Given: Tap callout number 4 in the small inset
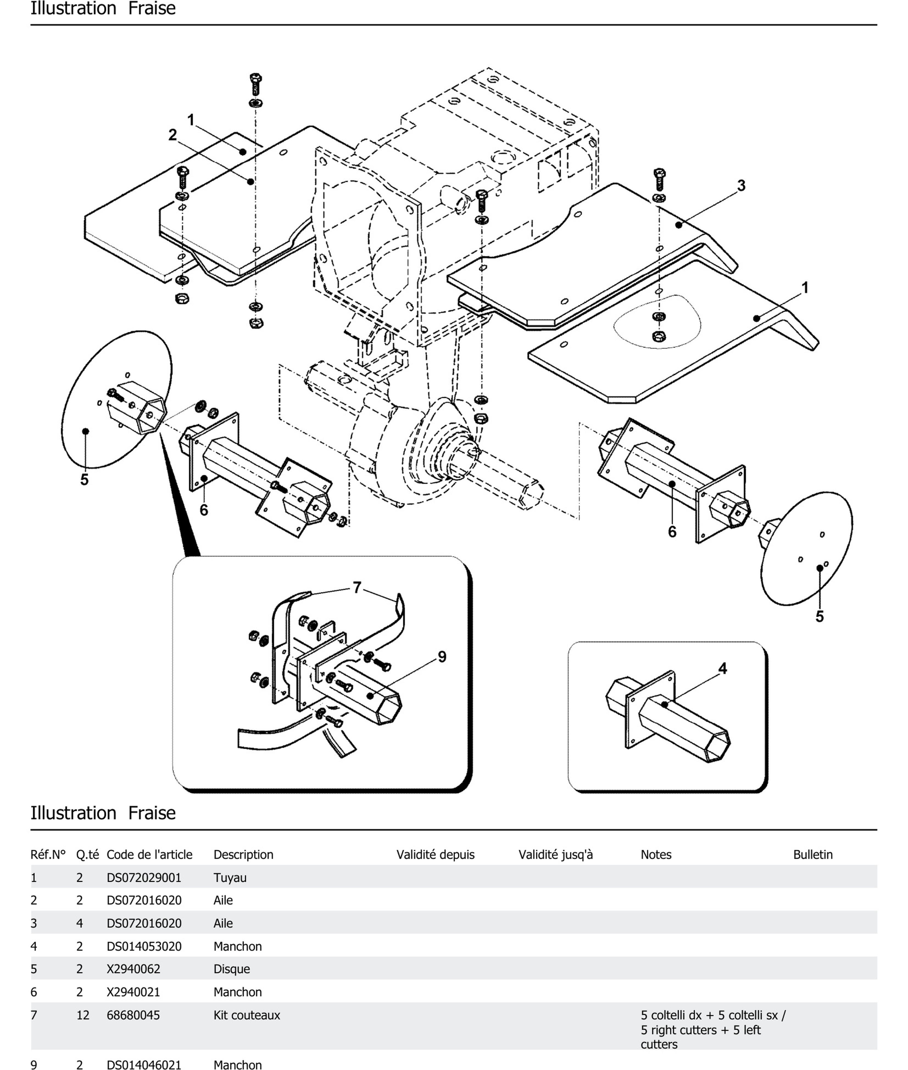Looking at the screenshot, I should click(723, 669).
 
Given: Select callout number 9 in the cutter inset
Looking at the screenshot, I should click(442, 657).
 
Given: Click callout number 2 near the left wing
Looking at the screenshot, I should click(172, 135).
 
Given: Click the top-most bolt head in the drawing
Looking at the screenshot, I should click(255, 78).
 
